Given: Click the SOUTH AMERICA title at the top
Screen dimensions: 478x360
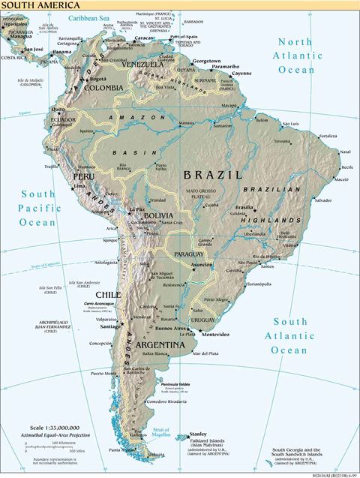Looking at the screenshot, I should [32, 5].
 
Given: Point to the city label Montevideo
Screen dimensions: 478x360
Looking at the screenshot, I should [214, 334].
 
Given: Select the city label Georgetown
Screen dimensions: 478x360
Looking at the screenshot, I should [206, 61].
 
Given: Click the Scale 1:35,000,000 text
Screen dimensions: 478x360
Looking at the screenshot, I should [56, 426].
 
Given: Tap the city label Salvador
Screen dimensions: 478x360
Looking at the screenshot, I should [323, 200].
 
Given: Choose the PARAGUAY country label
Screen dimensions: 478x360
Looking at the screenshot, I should [188, 254].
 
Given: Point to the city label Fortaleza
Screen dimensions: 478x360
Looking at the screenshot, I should [327, 137].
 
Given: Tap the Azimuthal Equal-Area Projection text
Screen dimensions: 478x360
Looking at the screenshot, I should [55, 434].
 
